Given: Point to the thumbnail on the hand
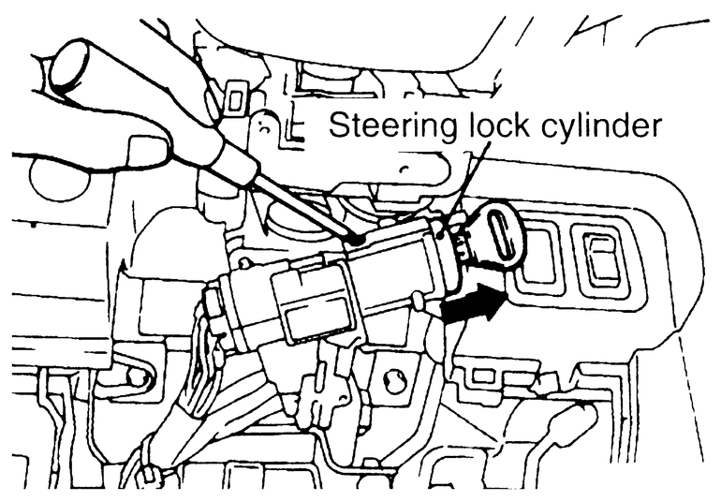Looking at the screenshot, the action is (x=145, y=150).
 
